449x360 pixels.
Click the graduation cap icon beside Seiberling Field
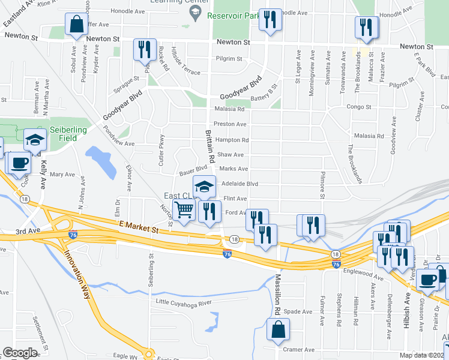click(35, 140)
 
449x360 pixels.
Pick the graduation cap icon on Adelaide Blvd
click(203, 187)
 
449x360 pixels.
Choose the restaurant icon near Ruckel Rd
click(145, 49)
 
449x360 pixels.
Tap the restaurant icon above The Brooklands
click(364, 27)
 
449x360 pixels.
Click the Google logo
click(20, 353)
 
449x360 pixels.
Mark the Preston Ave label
click(231, 124)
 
